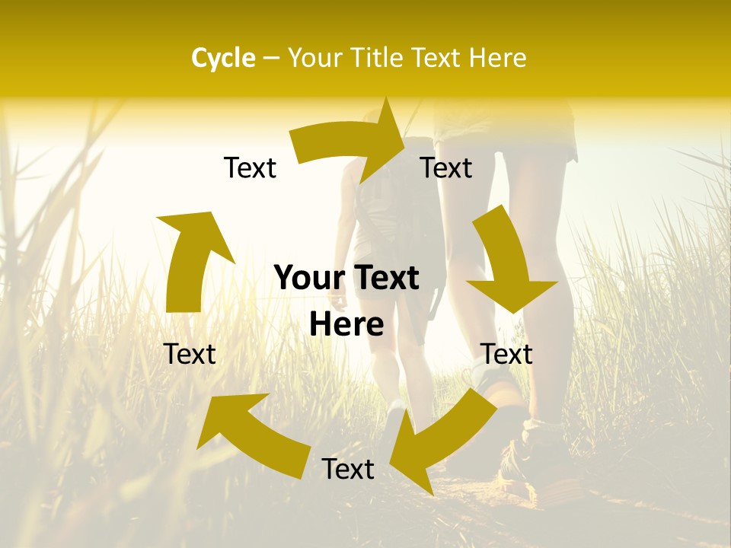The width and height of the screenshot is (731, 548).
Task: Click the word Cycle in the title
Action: tap(223, 58)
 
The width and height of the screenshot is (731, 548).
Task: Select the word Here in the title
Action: tap(498, 58)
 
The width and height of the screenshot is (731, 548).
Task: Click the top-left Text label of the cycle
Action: tap(250, 167)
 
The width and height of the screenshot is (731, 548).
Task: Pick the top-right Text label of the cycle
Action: tap(446, 167)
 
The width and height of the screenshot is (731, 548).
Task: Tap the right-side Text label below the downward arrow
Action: tap(506, 354)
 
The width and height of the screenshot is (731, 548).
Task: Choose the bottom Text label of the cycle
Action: tap(348, 469)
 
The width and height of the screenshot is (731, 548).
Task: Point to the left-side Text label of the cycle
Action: tap(190, 354)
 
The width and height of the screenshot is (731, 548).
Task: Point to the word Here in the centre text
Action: tap(346, 324)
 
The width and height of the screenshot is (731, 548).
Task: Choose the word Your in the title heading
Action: tap(314, 58)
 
